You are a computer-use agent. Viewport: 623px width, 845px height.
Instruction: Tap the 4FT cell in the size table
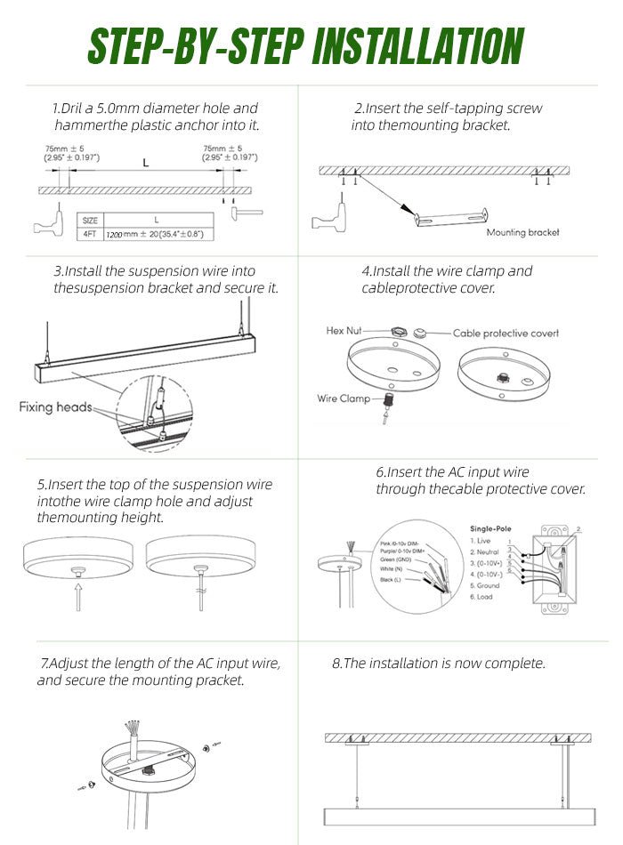[90, 234]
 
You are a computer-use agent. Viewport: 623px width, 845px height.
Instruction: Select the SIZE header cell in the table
[90, 220]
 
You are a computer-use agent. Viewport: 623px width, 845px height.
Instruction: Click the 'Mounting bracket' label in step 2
[522, 233]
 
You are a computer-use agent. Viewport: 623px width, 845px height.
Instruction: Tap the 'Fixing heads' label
[55, 407]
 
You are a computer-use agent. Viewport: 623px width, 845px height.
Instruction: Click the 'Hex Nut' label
[344, 331]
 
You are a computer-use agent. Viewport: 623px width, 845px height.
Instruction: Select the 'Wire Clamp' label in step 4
[343, 398]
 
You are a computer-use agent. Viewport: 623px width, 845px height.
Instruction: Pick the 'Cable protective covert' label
[506, 333]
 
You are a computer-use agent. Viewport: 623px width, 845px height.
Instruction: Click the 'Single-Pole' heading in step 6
[490, 528]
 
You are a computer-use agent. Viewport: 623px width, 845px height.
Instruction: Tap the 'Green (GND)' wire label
[395, 559]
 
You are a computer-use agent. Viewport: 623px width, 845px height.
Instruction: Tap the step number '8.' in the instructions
[337, 664]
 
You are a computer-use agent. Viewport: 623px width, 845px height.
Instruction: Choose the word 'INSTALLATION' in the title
[418, 47]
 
